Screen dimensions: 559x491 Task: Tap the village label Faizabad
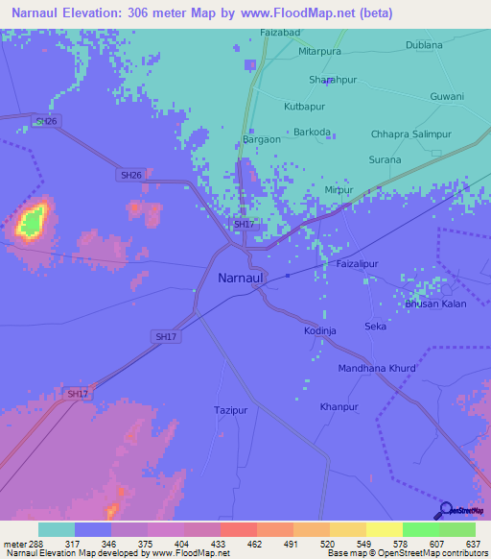coord(281,32)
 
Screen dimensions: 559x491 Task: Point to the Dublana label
coord(424,44)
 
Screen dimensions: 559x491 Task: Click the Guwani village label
coord(447,96)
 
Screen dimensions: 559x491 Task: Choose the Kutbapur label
coord(304,106)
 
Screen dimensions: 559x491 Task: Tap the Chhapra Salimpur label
coord(410,135)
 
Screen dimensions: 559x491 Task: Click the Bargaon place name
coord(262,139)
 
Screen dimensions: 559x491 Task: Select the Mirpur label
coord(365,190)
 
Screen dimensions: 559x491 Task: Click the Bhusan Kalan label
coord(435,304)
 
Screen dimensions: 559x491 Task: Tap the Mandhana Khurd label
coord(377,368)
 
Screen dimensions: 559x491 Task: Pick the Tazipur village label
coord(231,410)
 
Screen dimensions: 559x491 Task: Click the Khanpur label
coord(339,407)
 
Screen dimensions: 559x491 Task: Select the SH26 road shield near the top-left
coord(45,121)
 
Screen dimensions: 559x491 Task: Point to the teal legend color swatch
coord(57,529)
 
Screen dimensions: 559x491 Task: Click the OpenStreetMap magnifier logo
coord(445,510)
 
